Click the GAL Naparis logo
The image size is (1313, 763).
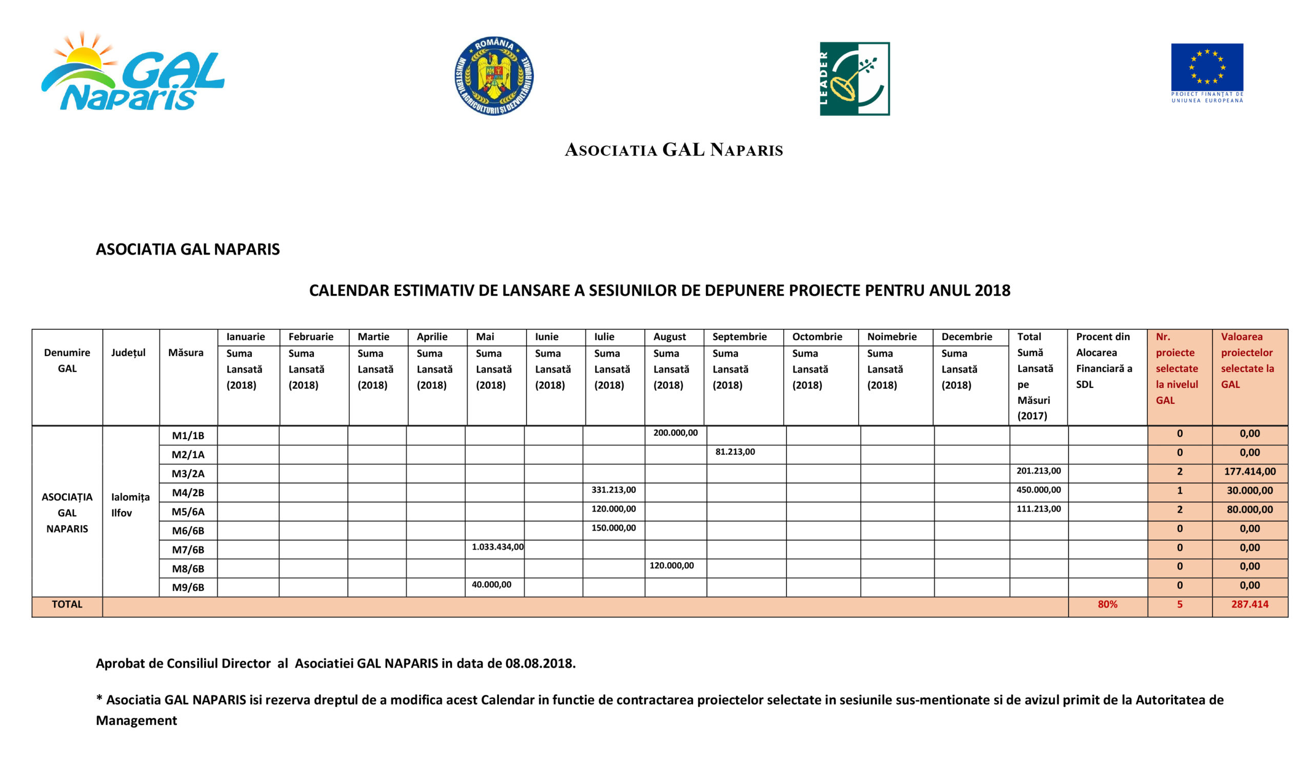(133, 73)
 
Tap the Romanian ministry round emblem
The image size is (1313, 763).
(493, 76)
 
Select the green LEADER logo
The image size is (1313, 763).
(854, 79)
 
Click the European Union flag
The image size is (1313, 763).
(1207, 67)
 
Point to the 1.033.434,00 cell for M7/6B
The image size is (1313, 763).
(498, 546)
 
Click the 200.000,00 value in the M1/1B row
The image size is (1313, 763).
(675, 433)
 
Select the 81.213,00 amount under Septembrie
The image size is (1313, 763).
(734, 452)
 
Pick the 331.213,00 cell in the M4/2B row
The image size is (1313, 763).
(613, 490)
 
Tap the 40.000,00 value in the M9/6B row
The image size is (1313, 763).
(491, 585)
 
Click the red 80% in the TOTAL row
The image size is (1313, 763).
(1107, 604)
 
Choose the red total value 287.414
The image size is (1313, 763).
(1249, 604)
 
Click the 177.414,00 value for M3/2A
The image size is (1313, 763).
(1249, 472)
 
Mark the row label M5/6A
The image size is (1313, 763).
(188, 512)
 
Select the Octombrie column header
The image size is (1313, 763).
(817, 337)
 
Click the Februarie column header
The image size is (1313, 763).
(310, 337)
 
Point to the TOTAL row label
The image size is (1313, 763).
(67, 604)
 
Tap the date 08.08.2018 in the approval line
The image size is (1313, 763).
(539, 663)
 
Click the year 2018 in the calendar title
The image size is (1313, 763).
(992, 290)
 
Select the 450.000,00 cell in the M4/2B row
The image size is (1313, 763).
(1039, 490)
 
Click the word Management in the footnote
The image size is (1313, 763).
(136, 720)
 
